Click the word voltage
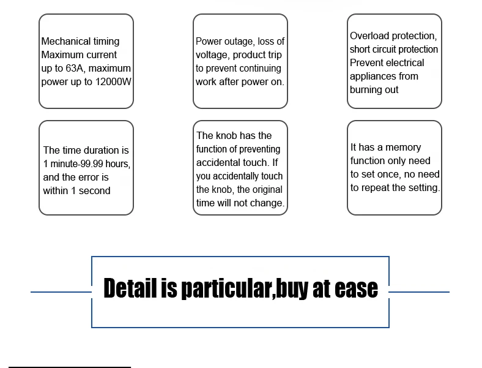[212, 55]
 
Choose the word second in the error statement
[95, 191]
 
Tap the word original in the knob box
[267, 190]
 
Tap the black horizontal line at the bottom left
[70, 367]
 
